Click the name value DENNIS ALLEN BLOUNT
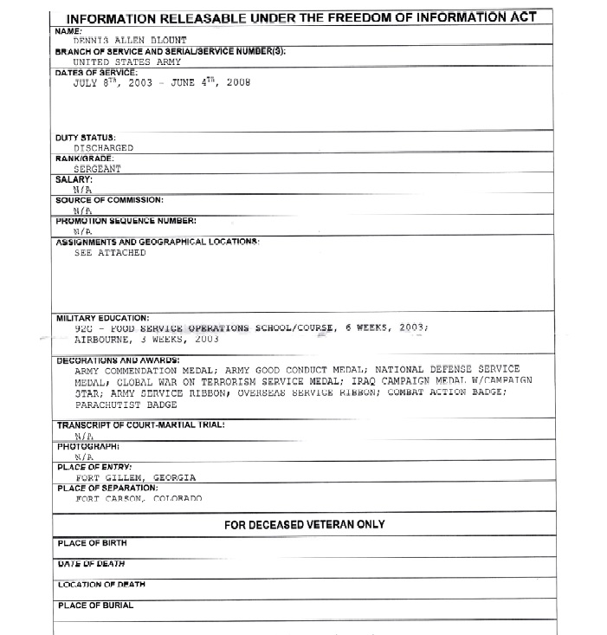tap(129, 41)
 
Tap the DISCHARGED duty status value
tap(103, 148)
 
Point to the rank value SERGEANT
tap(99, 169)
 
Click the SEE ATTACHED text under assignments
tap(110, 253)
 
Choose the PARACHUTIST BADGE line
tap(126, 405)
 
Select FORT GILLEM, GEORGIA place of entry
tap(135, 477)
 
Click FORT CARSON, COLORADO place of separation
tap(139, 498)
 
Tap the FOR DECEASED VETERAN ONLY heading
tap(305, 524)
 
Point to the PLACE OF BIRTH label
tap(92, 543)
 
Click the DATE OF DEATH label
tap(91, 564)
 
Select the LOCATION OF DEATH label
tap(101, 585)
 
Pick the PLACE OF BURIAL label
tap(95, 606)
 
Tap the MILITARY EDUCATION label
tap(102, 318)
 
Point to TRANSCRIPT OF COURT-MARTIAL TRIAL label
tap(141, 425)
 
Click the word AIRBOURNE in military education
tap(104, 340)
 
